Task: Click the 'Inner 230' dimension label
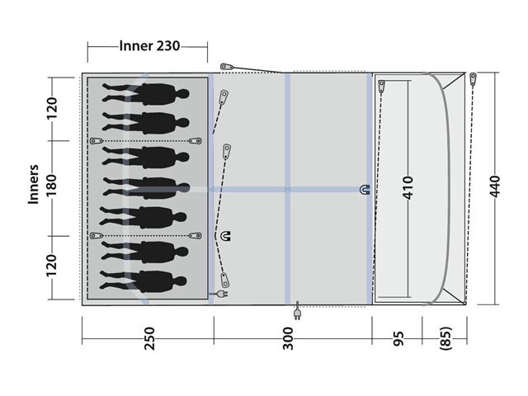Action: click(149, 46)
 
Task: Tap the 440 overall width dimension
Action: click(495, 186)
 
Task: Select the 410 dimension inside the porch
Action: click(408, 187)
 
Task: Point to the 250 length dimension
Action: click(148, 338)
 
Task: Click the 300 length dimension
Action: click(288, 338)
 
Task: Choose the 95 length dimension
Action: click(398, 338)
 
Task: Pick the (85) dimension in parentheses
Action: click(445, 338)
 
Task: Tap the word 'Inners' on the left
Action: click(33, 184)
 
